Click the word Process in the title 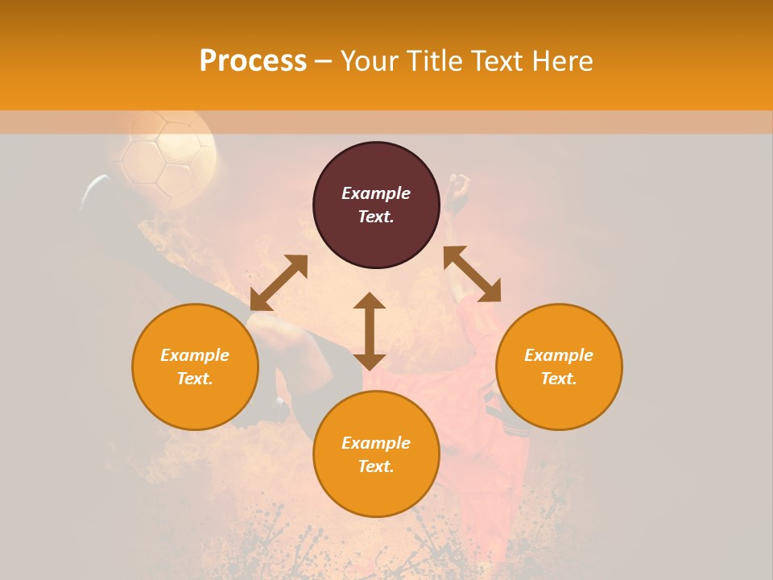[253, 61]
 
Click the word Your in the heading [370, 61]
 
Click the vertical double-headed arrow [370, 332]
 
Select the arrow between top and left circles [279, 283]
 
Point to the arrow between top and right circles [472, 274]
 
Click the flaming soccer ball [167, 153]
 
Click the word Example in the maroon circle [376, 193]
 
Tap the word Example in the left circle [195, 355]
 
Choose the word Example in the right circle [559, 355]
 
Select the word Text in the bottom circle [376, 466]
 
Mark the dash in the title [323, 61]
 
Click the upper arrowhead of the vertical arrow [370, 300]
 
